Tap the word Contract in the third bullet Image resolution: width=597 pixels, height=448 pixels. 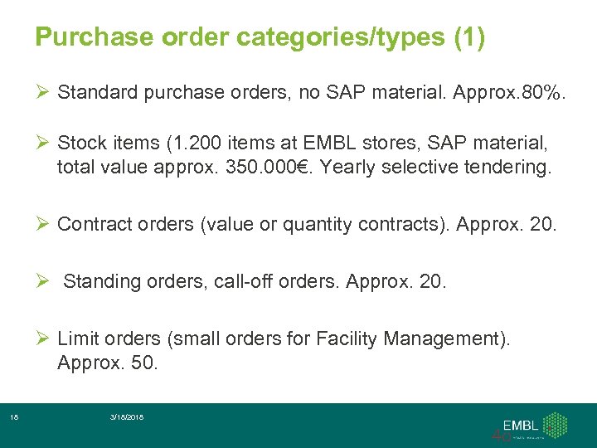pyautogui.click(x=90, y=223)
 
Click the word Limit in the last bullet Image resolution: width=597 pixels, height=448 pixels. pyautogui.click(x=77, y=339)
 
